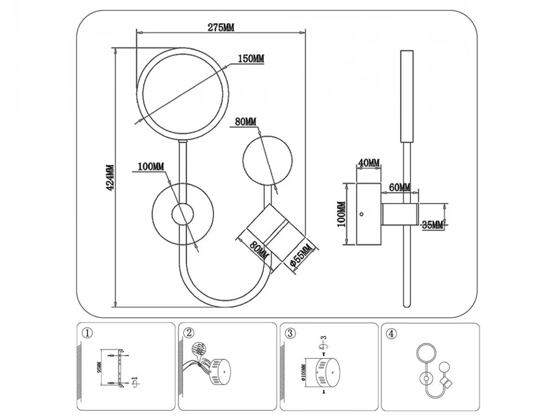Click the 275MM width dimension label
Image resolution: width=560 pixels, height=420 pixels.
coord(221,27)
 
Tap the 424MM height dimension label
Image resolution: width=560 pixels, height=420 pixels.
coord(110,178)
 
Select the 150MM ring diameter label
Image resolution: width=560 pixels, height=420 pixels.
coord(251,59)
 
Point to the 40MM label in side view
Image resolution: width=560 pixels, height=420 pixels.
coord(369,162)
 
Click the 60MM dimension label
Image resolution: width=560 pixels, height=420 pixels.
coord(399,187)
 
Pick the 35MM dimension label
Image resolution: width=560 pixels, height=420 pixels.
coord(432,225)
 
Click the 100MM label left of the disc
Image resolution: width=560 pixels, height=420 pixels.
coord(150,167)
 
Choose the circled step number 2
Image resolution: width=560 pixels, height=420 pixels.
coord(189,333)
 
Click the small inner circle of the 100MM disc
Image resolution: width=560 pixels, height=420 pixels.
coord(182,215)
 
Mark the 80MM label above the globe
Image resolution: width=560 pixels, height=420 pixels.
coord(246,122)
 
